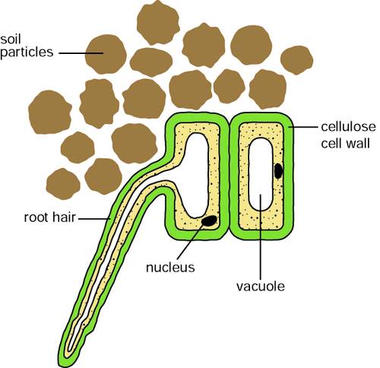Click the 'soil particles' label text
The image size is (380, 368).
tap(27, 46)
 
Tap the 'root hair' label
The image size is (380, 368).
tap(50, 217)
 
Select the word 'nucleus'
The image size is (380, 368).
tap(170, 268)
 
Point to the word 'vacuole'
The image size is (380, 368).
tap(261, 287)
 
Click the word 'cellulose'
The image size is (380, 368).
tap(348, 127)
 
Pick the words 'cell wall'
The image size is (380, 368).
tap(346, 144)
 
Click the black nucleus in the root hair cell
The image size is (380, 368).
tap(209, 220)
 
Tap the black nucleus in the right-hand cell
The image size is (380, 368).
tap(279, 171)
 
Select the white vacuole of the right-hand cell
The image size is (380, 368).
tap(261, 174)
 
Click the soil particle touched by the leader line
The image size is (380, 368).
tap(106, 55)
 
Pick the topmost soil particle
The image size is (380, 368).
tap(158, 22)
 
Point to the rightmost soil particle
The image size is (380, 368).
tap(297, 60)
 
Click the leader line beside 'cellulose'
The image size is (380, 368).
tap(304, 126)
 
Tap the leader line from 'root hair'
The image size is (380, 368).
tap(94, 218)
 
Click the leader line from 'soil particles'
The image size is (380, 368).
tap(81, 53)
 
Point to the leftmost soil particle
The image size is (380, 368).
tap(50, 112)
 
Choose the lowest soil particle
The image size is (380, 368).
tap(63, 184)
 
